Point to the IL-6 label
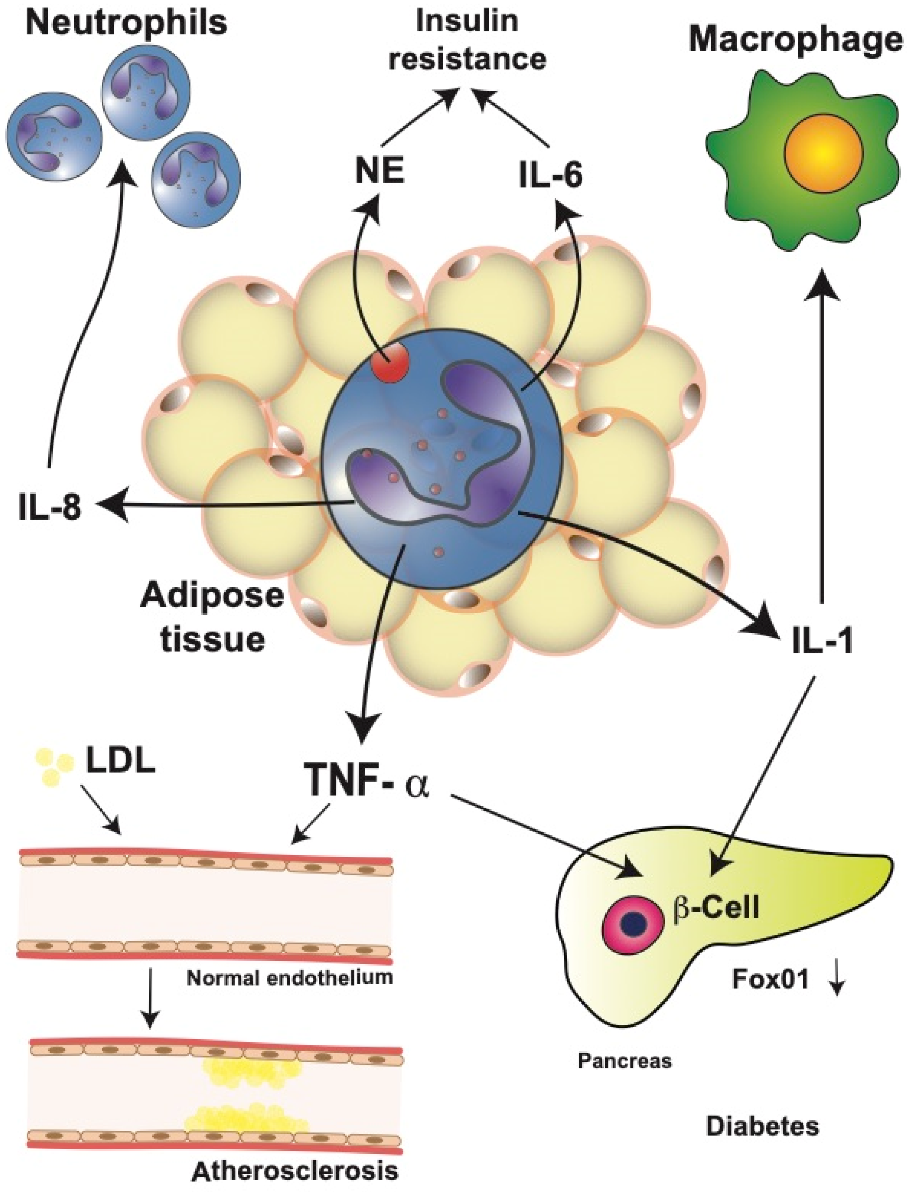coord(551,176)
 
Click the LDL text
coord(120,761)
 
